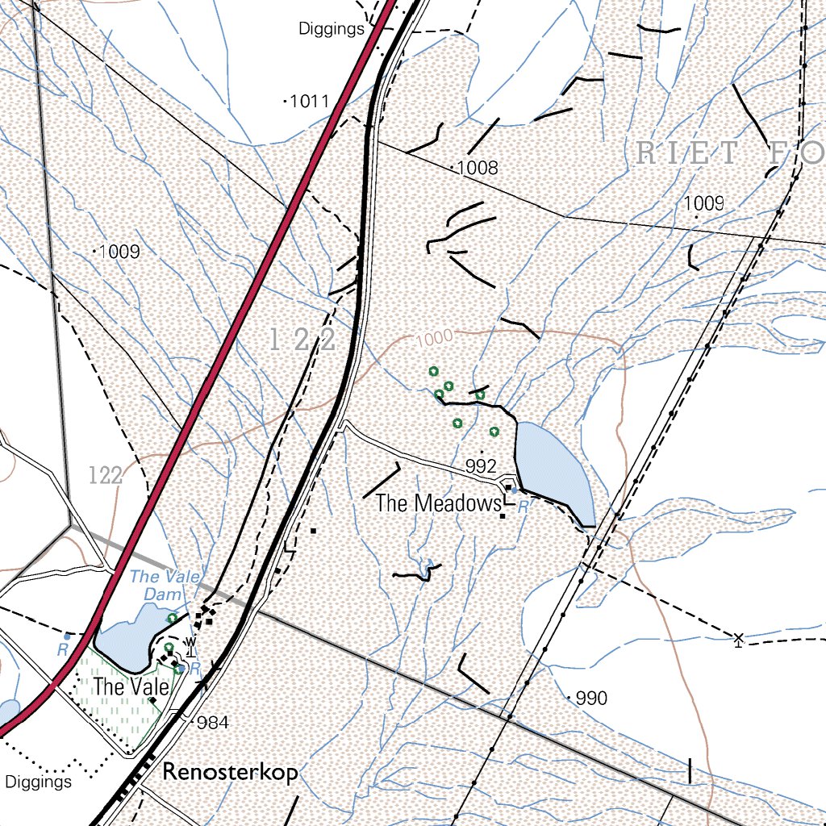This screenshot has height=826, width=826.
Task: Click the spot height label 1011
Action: point(310,102)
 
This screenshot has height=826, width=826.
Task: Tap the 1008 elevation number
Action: point(478,169)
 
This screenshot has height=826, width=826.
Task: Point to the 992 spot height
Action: point(481,466)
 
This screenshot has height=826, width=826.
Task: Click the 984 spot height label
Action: point(213,723)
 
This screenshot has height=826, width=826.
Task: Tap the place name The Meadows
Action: point(438,504)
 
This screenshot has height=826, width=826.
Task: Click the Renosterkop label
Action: point(230,772)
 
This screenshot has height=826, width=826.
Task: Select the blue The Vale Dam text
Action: point(158,585)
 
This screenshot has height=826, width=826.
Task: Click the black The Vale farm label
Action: point(131,688)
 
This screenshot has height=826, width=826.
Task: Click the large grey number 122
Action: point(303,340)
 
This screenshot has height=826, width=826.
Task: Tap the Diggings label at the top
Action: point(332,30)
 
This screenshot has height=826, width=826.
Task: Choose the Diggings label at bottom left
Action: point(38,782)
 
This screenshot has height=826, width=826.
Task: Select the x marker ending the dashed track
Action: point(737,639)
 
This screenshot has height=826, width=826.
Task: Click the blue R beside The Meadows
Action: point(522,507)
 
